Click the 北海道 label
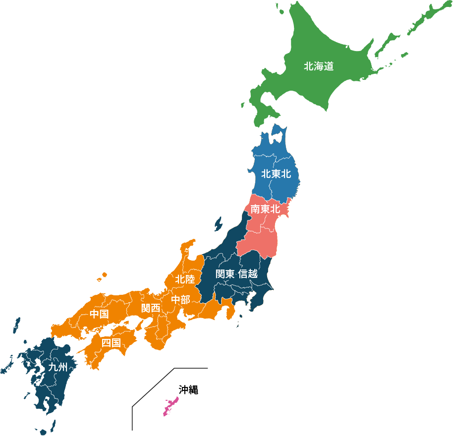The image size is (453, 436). (x=318, y=66)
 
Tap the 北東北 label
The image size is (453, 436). (x=276, y=174)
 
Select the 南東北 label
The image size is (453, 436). (x=265, y=210)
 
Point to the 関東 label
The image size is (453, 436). (x=225, y=274)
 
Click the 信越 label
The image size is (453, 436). (x=248, y=274)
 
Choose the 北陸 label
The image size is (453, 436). (x=184, y=279)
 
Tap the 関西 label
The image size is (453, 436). (x=151, y=308)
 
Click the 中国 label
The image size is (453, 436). (x=99, y=314)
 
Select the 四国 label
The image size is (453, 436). (x=111, y=343)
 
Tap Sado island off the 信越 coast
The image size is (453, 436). (x=218, y=224)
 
